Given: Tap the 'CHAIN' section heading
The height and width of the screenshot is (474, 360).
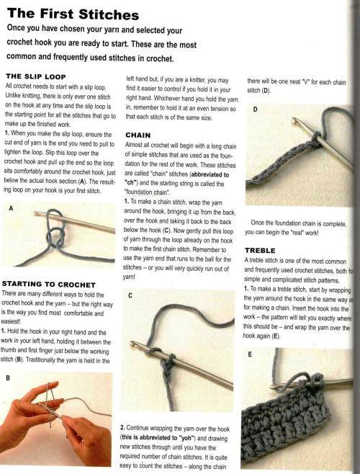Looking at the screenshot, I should tap(138, 135).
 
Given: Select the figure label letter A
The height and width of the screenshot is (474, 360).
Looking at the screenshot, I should tap(10, 209).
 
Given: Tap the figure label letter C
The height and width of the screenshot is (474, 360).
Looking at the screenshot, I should tap(129, 295).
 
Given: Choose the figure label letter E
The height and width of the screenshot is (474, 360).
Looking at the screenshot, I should tap(249, 354).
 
